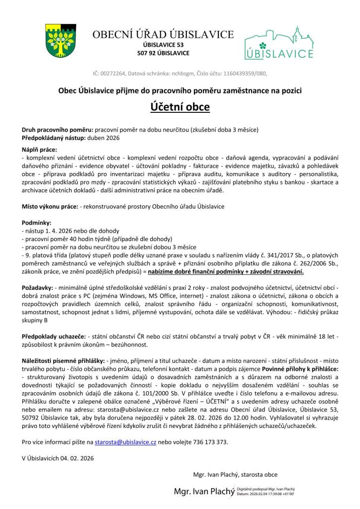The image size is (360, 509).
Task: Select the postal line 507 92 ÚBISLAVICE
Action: pos(163,53)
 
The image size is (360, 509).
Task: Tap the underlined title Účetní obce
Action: pos(180,107)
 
